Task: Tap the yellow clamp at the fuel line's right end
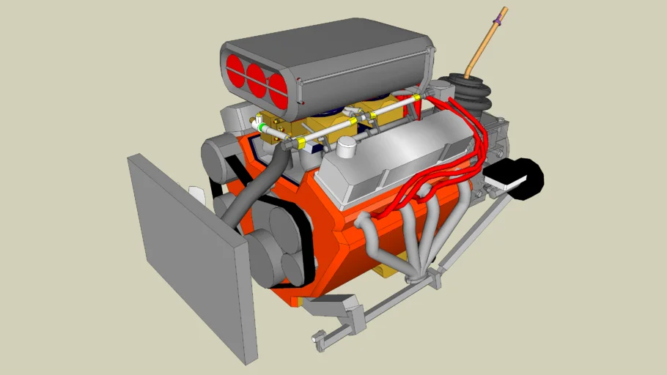pyautogui.click(x=416, y=97)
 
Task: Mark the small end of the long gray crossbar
pyautogui.click(x=319, y=338)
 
